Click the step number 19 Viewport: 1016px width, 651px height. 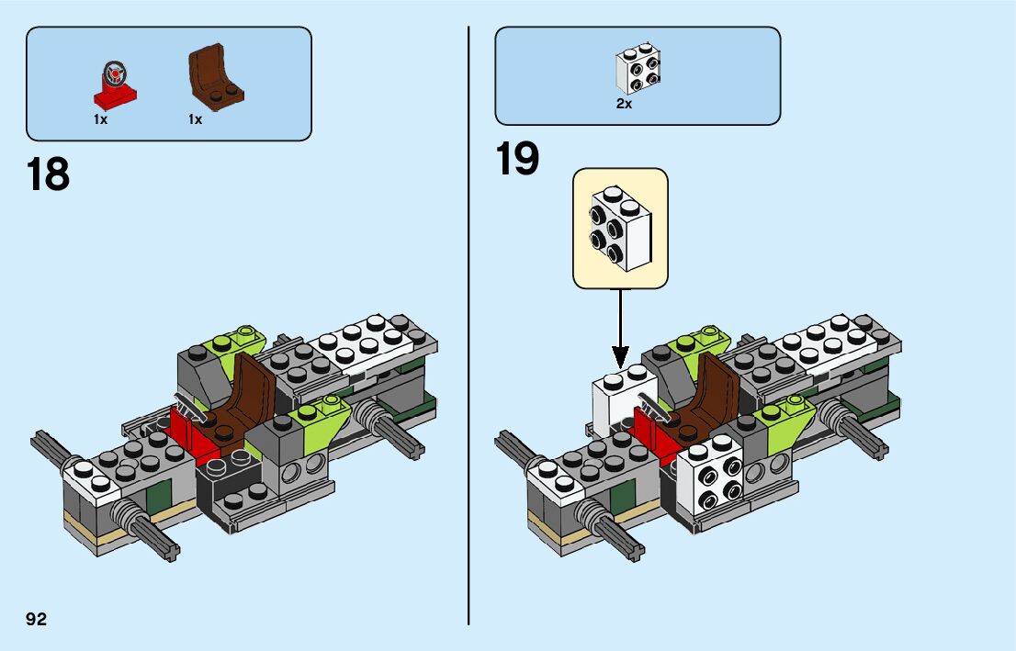(x=518, y=159)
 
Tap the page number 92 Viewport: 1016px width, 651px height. (x=37, y=619)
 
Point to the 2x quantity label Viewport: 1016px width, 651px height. (x=625, y=105)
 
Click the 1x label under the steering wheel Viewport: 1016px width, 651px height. (x=101, y=119)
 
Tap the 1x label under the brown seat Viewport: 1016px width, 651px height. (x=195, y=119)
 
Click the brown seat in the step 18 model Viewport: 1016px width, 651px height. (x=242, y=395)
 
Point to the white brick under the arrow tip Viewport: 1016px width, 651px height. (x=616, y=399)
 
